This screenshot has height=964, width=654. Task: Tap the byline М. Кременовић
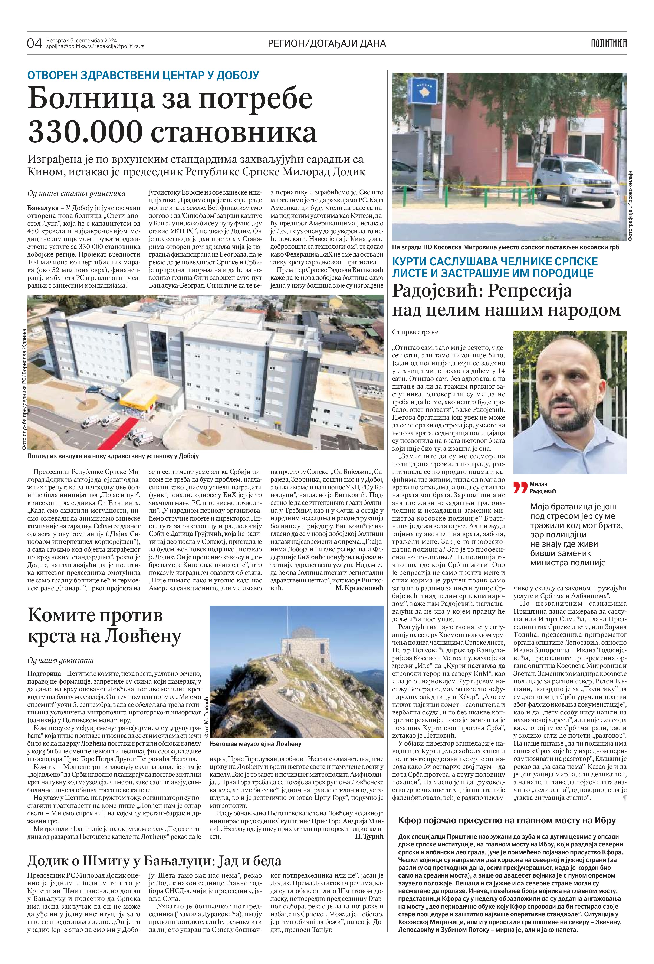[x=359, y=588]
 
